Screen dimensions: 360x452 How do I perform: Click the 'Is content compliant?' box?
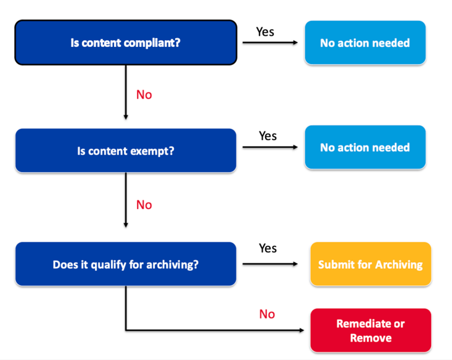pyautogui.click(x=125, y=43)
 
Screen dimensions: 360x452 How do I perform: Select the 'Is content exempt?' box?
pyautogui.click(x=125, y=150)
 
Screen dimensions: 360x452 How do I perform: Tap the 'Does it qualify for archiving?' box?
pyautogui.click(x=125, y=264)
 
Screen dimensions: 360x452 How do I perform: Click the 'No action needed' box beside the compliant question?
pyautogui.click(x=364, y=43)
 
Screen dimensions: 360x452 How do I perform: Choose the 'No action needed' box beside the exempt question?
pyautogui.click(x=364, y=147)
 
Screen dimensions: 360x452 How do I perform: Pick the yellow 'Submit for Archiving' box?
pyautogui.click(x=370, y=264)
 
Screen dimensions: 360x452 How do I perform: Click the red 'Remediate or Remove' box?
pyautogui.click(x=370, y=330)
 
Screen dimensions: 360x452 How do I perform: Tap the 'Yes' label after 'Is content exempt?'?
pyautogui.click(x=268, y=135)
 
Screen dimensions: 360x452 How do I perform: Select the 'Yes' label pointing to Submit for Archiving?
pyautogui.click(x=268, y=248)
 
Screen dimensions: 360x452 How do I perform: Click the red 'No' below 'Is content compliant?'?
pyautogui.click(x=144, y=95)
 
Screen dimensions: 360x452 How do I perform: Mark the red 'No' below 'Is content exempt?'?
pyautogui.click(x=144, y=205)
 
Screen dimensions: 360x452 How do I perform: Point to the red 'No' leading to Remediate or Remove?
pyautogui.click(x=267, y=314)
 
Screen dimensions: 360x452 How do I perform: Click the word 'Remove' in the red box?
pyautogui.click(x=371, y=338)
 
